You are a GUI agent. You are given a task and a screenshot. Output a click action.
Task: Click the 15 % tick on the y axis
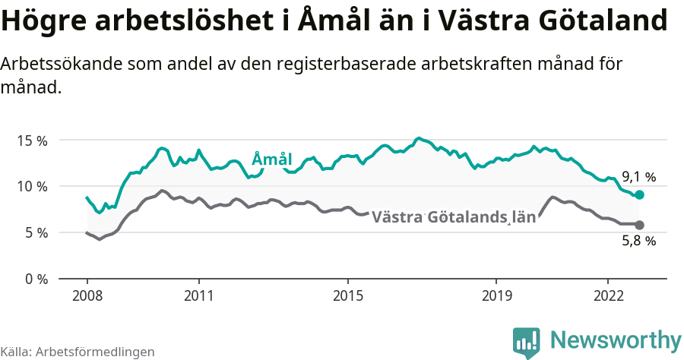[x=32, y=141]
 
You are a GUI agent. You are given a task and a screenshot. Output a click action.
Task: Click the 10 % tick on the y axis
[x=32, y=187]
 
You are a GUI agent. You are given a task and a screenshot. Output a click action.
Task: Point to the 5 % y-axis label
[x=35, y=232]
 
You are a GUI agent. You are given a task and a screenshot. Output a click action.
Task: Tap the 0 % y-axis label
[x=35, y=279]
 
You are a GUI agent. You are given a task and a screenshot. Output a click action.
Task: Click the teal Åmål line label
[x=271, y=159]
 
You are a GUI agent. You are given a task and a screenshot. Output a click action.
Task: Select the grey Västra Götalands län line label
[x=453, y=217]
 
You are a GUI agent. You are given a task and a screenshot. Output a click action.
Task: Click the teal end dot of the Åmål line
[x=639, y=195]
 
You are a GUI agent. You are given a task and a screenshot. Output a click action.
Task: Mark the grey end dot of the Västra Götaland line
[x=639, y=225]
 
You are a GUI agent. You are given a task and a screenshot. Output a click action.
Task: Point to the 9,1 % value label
[x=638, y=177]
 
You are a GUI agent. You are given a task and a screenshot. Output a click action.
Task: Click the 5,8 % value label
[x=638, y=242]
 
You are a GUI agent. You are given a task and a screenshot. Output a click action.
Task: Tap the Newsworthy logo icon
[x=527, y=343]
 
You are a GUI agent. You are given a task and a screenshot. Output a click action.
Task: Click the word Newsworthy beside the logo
[x=615, y=339]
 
